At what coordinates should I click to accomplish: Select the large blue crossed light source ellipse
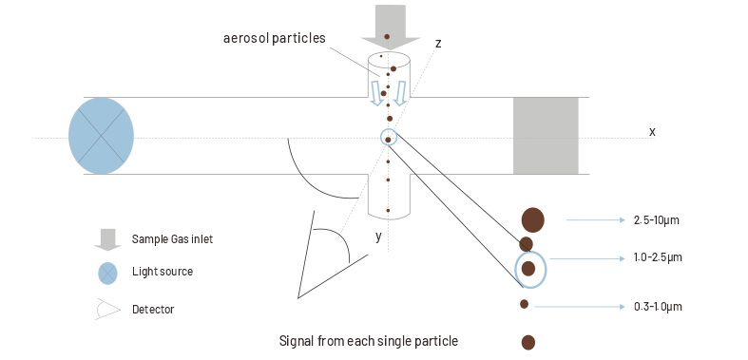(101, 136)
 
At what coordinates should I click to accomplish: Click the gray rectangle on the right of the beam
(546, 136)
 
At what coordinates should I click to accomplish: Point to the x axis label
(652, 130)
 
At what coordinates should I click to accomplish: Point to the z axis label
(437, 44)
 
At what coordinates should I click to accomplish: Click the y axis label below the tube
(378, 237)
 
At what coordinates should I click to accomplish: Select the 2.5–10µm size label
(657, 220)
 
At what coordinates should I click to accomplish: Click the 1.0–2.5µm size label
(657, 257)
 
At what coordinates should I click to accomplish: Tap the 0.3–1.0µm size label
(657, 306)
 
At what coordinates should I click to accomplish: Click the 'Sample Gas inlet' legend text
(172, 239)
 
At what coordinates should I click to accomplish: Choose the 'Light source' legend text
(163, 272)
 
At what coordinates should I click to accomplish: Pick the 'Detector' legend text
(153, 309)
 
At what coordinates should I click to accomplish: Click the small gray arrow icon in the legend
(107, 239)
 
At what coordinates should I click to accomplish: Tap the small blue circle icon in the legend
(108, 273)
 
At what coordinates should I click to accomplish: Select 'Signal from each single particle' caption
(368, 340)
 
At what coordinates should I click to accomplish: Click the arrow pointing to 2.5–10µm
(596, 220)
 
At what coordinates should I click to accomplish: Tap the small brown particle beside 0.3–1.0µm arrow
(525, 304)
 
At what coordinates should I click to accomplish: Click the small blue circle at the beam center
(388, 138)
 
